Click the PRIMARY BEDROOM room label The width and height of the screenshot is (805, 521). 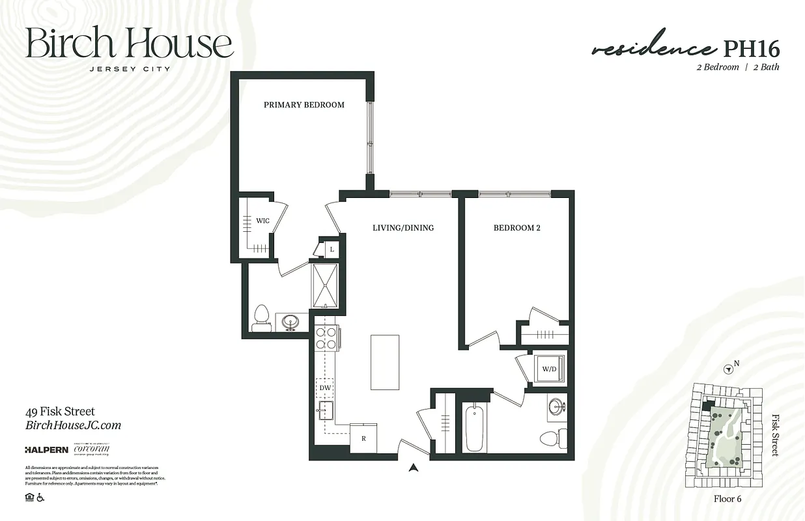pyautogui.click(x=304, y=105)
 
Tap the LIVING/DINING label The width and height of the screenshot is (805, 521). pyautogui.click(x=402, y=228)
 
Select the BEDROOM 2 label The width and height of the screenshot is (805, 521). pyautogui.click(x=516, y=228)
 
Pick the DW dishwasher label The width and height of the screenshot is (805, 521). pyautogui.click(x=325, y=388)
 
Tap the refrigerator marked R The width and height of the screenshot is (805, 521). pyautogui.click(x=363, y=438)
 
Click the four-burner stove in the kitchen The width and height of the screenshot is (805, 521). pyautogui.click(x=326, y=337)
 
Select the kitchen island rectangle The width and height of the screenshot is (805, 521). pyautogui.click(x=384, y=362)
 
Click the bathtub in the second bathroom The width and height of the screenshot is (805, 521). pyautogui.click(x=475, y=427)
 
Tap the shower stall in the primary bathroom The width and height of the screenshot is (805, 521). pyautogui.click(x=325, y=285)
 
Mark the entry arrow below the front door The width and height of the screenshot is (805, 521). pyautogui.click(x=412, y=466)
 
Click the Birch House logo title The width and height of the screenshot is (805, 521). pyautogui.click(x=129, y=44)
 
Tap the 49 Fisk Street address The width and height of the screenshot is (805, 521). pyautogui.click(x=60, y=412)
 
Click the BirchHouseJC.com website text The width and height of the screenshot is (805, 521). pyautogui.click(x=73, y=426)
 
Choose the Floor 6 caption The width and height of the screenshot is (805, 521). pyautogui.click(x=727, y=500)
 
